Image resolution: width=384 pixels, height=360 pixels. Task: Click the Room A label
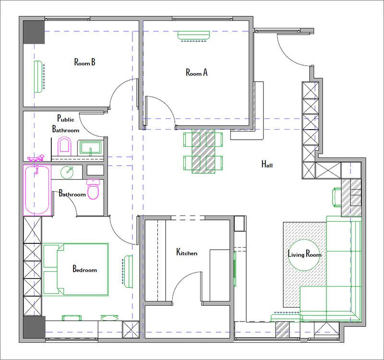pyautogui.click(x=196, y=72)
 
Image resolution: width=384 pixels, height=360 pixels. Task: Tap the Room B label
pyautogui.click(x=85, y=62)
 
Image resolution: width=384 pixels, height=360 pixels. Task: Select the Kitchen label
pyautogui.click(x=187, y=252)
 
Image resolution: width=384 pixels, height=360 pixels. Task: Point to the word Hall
pyautogui.click(x=267, y=164)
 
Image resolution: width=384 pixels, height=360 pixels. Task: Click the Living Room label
pyautogui.click(x=304, y=254)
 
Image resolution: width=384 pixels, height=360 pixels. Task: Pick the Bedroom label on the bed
pyautogui.click(x=84, y=269)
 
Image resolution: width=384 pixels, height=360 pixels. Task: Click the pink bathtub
pyautogui.click(x=37, y=190)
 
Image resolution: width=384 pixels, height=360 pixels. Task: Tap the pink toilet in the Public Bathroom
pyautogui.click(x=64, y=146)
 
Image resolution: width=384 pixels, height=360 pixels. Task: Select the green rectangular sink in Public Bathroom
pyautogui.click(x=90, y=148)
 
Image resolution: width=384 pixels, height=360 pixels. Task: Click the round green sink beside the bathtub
pyautogui.click(x=67, y=172)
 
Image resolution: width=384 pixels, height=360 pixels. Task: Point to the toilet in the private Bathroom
pyautogui.click(x=93, y=189)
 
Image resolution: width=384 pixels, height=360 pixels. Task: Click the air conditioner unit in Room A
pyautogui.click(x=193, y=36)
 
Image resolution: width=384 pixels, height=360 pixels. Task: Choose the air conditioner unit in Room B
pyautogui.click(x=39, y=76)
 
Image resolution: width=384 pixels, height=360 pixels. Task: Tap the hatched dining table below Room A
pyautogui.click(x=203, y=151)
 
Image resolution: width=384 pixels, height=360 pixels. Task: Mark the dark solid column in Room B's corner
pyautogui.click(x=34, y=32)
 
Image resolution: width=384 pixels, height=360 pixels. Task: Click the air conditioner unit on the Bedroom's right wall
pyautogui.click(x=128, y=272)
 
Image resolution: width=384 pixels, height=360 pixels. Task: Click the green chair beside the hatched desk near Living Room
pyautogui.click(x=337, y=197)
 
